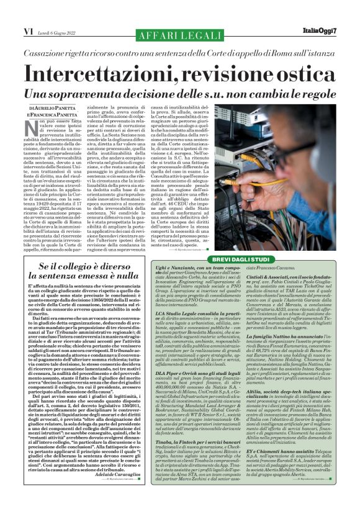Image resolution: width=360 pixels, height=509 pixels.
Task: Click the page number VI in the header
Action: click(11, 30)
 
